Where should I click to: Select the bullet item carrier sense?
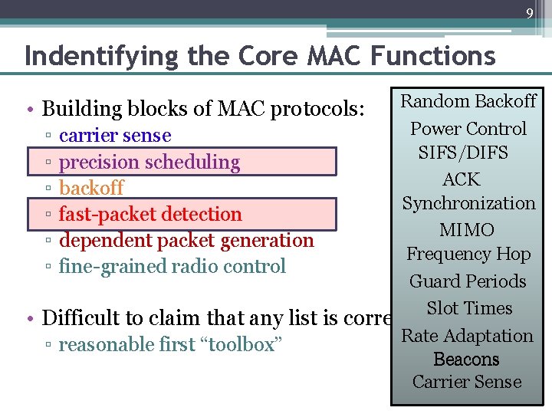tap(115, 136)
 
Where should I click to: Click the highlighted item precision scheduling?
tap(149, 162)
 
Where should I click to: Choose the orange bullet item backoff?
tap(91, 188)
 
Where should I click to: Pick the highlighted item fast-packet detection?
tap(150, 214)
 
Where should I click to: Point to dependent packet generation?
tap(186, 240)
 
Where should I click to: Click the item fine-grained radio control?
tap(172, 266)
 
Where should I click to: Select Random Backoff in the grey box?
tap(468, 101)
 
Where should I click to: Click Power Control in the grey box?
tap(468, 128)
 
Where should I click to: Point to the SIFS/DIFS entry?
tap(463, 153)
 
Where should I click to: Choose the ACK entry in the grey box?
tap(462, 179)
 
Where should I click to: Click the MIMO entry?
tap(467, 229)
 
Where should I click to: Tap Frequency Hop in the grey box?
tap(468, 254)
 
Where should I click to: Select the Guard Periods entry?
tap(468, 281)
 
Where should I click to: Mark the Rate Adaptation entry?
tap(468, 335)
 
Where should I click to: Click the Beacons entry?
tap(466, 359)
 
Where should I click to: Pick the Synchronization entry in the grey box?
tap(468, 203)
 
